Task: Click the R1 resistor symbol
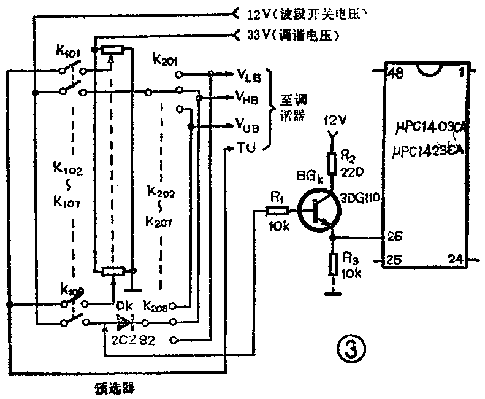275,211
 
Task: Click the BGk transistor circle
317,211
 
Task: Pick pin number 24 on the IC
455,258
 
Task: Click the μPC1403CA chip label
432,127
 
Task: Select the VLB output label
249,76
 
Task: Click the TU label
244,147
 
